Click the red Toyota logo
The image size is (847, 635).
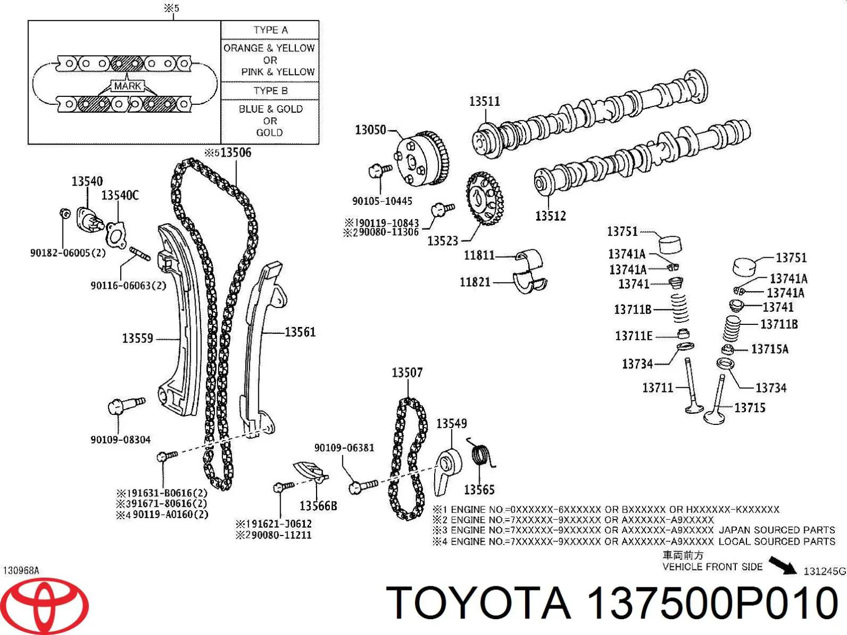(x=50, y=605)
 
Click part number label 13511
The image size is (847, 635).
(x=484, y=101)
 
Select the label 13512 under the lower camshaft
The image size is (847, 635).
(x=550, y=216)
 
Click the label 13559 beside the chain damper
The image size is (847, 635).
(x=137, y=338)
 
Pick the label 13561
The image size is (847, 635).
(x=300, y=332)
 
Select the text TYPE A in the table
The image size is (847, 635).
(x=271, y=30)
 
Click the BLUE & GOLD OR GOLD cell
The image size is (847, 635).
(x=270, y=121)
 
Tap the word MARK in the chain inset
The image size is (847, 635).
(x=128, y=86)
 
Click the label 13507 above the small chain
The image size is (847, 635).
(x=407, y=373)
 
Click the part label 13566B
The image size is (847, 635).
(x=318, y=506)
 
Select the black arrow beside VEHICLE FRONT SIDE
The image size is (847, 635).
(x=782, y=565)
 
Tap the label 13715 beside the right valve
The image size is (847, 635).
(x=750, y=408)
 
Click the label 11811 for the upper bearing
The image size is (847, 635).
(x=479, y=256)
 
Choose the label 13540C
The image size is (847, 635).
(x=120, y=196)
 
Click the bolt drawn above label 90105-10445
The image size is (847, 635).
(x=379, y=170)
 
